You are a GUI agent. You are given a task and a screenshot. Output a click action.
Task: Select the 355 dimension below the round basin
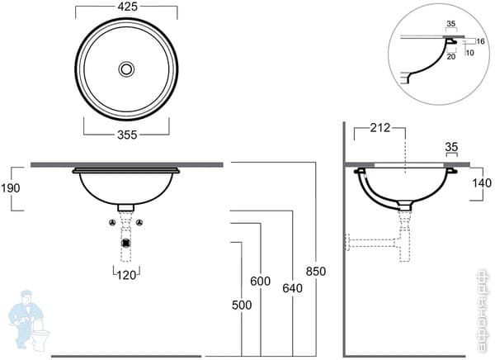click(x=126, y=134)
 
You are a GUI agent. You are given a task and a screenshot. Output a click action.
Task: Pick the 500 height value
click(x=241, y=305)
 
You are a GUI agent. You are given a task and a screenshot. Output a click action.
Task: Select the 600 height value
click(x=260, y=281)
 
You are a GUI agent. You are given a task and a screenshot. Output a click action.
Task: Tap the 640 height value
click(x=292, y=288)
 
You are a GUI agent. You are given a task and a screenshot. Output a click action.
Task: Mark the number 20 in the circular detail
click(x=451, y=59)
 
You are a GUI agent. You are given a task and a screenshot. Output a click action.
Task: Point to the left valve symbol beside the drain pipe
click(x=112, y=224)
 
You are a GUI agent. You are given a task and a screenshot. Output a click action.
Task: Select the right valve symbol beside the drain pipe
click(x=140, y=224)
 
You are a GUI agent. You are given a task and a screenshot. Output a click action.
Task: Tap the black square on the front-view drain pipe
click(x=126, y=243)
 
